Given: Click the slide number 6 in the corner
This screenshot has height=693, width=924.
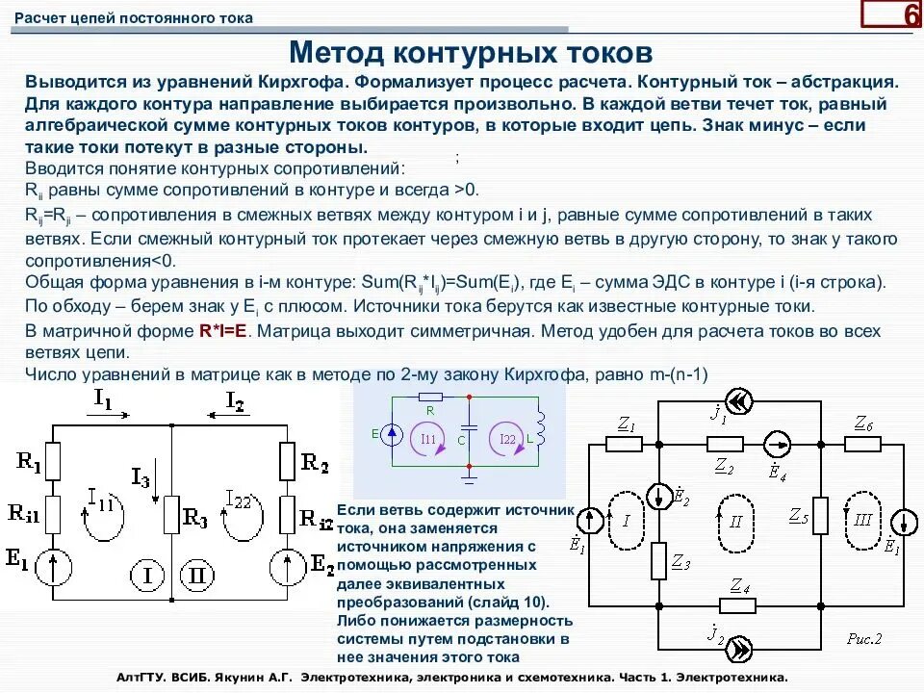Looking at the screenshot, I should pos(909,16).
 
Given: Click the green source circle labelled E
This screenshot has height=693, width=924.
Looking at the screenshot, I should pos(392,435).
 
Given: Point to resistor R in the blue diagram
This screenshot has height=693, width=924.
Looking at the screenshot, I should pos(429,396).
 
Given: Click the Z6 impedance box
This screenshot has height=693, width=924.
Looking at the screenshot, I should pos(863,443).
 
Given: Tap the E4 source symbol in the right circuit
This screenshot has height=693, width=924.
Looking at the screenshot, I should pos(775,443).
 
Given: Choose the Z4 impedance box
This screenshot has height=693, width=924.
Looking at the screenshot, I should pos(739,603).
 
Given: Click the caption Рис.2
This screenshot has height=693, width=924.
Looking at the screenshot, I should pos(864,637).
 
